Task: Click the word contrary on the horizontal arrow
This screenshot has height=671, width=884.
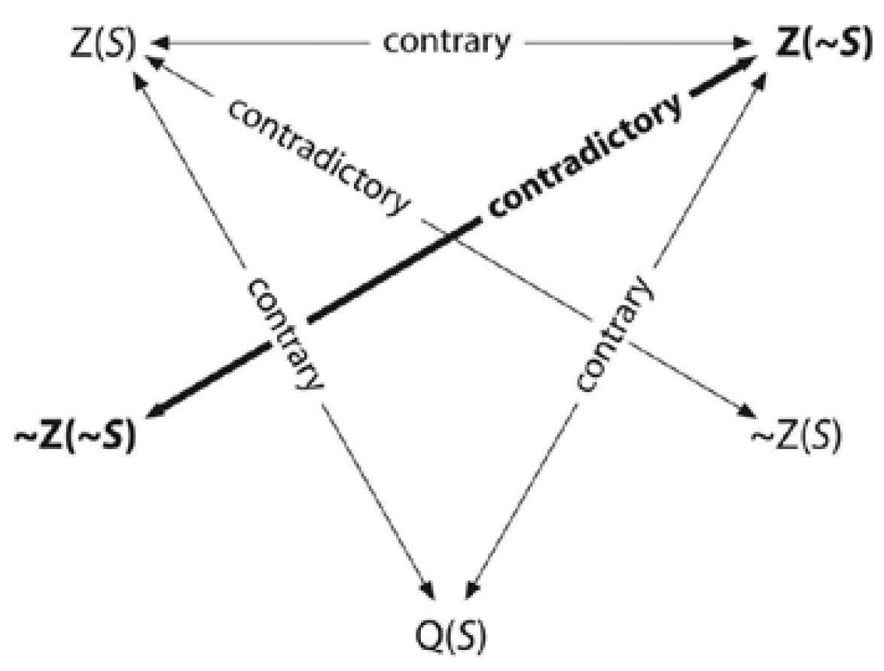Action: (446, 42)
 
